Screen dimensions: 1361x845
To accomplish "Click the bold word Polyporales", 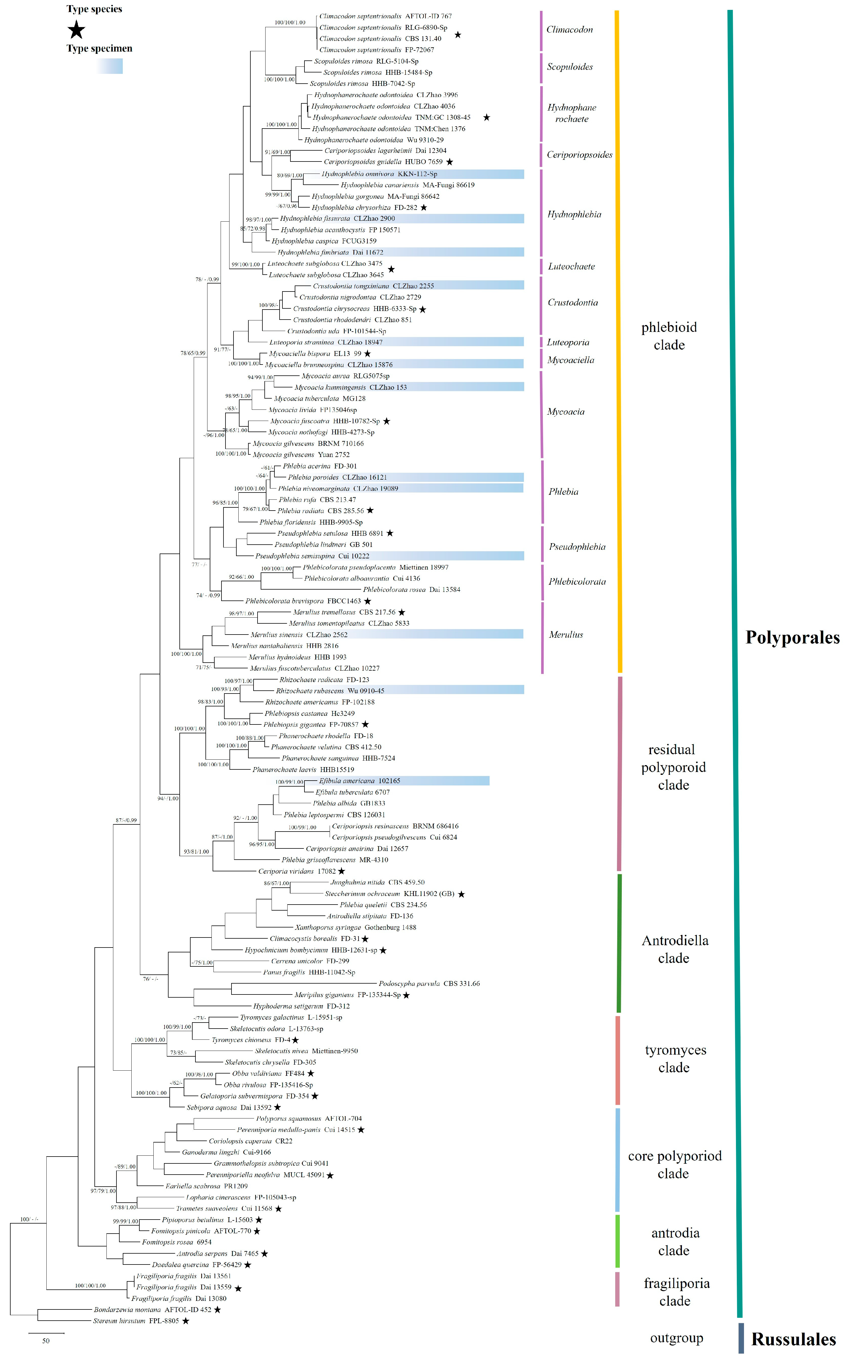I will click(x=792, y=637).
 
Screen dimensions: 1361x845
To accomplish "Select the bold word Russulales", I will click(x=793, y=1339).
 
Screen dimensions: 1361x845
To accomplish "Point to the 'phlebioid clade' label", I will click(x=669, y=336).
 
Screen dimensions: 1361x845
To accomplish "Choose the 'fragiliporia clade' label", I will click(x=676, y=1292).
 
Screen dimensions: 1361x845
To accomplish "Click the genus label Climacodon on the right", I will click(x=569, y=29).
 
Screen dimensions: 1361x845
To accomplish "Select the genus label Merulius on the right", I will click(x=565, y=635).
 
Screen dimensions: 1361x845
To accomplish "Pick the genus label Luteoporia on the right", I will click(x=568, y=342).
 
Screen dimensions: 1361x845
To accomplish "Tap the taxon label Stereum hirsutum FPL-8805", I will click(x=136, y=1321).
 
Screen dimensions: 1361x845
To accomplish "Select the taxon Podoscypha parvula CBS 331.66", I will click(x=429, y=984).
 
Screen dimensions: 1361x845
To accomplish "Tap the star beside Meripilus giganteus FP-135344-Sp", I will click(x=406, y=995).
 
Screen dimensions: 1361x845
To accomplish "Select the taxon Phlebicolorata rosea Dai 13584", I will click(x=411, y=589).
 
